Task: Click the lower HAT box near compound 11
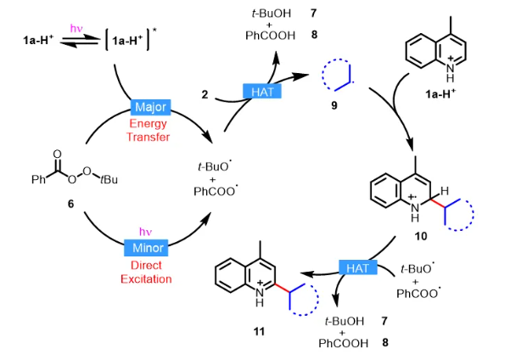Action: click(355, 267)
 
